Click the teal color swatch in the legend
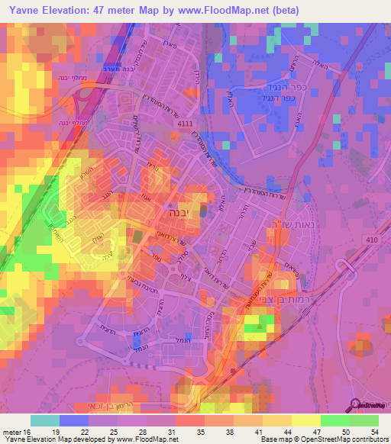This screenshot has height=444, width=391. (x=44, y=421)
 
